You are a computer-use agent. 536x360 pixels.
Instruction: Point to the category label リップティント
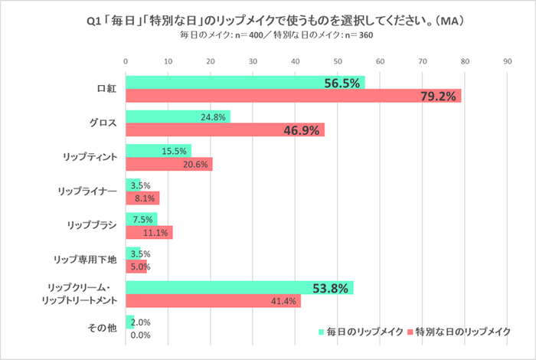(x=90, y=157)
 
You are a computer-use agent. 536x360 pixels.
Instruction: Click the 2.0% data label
(x=141, y=322)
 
